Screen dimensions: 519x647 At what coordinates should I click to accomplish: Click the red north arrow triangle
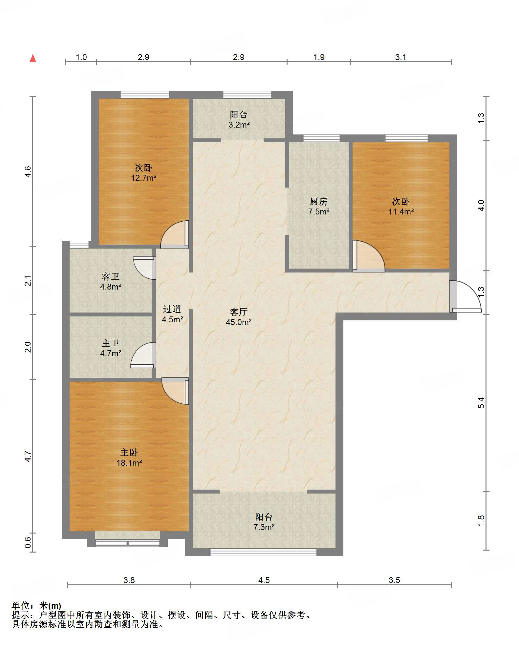33,58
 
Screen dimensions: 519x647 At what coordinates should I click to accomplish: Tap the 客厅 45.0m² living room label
239,317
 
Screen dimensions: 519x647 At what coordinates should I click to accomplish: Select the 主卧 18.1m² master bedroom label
129,457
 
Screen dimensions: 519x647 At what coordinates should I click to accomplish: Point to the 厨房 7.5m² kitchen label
319,206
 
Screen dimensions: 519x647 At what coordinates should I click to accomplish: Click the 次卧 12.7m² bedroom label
144,173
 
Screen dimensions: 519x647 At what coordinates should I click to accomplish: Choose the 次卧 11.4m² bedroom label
401,206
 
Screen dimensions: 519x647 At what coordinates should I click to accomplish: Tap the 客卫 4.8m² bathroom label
111,282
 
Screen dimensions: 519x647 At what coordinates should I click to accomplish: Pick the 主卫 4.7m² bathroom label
111,348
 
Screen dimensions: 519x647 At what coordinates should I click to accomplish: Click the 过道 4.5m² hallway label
172,314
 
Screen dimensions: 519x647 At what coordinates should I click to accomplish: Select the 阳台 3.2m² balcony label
239,119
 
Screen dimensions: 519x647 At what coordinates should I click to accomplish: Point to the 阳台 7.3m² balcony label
264,522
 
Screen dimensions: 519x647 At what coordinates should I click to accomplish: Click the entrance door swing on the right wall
466,296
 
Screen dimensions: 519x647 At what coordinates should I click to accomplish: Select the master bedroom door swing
175,391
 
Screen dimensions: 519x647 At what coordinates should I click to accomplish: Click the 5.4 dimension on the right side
481,403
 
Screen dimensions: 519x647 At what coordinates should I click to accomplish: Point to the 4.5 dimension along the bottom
264,580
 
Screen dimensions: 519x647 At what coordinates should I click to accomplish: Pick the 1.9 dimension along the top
319,57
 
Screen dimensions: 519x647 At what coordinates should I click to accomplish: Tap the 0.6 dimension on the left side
28,542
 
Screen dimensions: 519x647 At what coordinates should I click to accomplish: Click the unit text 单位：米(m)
36,605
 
